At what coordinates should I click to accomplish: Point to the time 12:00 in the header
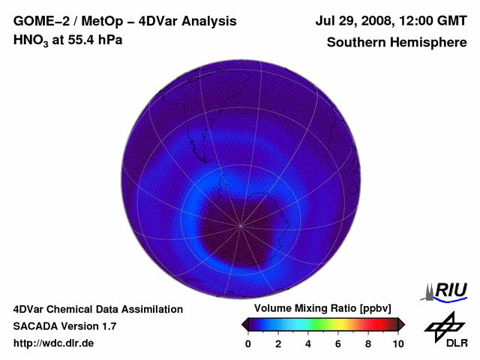pos(415,22)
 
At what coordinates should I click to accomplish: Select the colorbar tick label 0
pos(248,343)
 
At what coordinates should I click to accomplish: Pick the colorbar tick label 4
pos(308,343)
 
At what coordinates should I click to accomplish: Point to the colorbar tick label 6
pos(338,343)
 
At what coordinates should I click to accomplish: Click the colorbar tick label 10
pos(397,343)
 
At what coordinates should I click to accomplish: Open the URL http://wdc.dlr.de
pos(54,343)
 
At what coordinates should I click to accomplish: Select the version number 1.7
pos(107,326)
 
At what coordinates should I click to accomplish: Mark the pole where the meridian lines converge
pos(241,225)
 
